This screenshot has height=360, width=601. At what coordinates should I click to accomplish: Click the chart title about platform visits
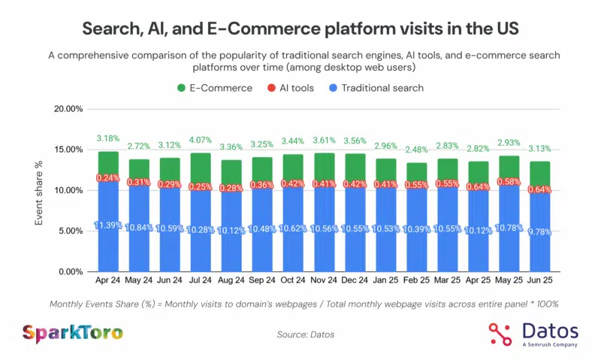tap(300, 30)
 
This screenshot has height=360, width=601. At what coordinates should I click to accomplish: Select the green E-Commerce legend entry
tap(215, 88)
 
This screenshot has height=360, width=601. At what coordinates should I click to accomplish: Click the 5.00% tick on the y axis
tap(66, 231)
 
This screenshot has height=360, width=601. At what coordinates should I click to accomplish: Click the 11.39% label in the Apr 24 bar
tap(108, 226)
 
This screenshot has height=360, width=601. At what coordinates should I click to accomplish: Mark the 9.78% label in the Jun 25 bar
tap(539, 232)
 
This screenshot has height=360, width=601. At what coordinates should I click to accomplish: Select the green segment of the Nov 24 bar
tap(325, 165)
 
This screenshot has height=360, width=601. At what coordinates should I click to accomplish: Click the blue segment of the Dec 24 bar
tap(356, 233)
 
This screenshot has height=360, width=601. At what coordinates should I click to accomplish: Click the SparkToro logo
tap(73, 332)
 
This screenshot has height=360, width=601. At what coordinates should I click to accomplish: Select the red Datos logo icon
tap(500, 332)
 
